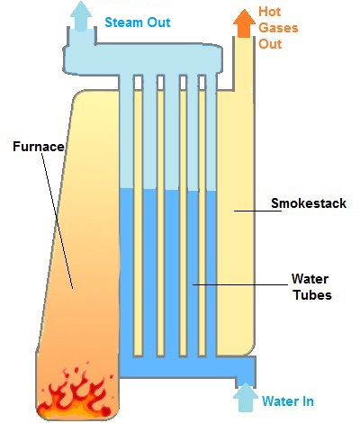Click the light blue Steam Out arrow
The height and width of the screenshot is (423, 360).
[x=81, y=16]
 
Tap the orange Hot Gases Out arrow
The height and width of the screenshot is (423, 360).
[x=244, y=23]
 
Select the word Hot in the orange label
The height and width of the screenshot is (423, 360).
[x=269, y=12]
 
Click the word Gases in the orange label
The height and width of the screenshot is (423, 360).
[x=278, y=28]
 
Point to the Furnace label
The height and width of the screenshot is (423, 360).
[x=39, y=147]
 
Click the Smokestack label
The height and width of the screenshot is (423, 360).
[x=309, y=203]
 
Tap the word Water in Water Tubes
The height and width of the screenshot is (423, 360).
[x=310, y=279]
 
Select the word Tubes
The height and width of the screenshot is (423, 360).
[x=312, y=295]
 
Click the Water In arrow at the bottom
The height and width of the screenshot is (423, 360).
[x=246, y=397]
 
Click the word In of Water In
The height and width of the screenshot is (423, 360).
[x=308, y=401]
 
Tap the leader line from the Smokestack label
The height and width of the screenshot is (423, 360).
[x=257, y=211]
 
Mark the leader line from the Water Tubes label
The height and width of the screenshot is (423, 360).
[x=240, y=284]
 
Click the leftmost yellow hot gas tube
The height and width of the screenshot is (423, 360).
[x=138, y=222]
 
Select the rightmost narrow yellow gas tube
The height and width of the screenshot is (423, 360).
[x=202, y=222]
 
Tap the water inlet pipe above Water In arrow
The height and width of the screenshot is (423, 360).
[x=246, y=372]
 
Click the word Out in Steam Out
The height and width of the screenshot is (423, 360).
[x=159, y=22]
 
